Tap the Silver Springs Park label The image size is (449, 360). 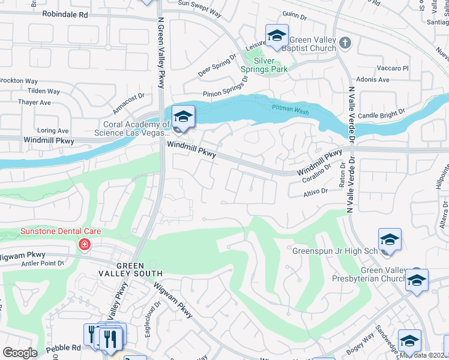tap(264, 65)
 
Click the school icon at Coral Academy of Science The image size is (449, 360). tap(183, 116)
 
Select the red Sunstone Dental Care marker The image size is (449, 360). tap(85, 244)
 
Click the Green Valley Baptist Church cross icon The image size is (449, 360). tap(345, 43)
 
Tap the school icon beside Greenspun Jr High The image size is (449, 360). tap(389, 240)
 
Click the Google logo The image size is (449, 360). tap(20, 353)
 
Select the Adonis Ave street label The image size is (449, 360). tap(373, 80)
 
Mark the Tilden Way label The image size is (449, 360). tap(44, 91)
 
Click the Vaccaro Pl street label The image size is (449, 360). tap(393, 68)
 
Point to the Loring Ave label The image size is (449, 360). tap(53, 130)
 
